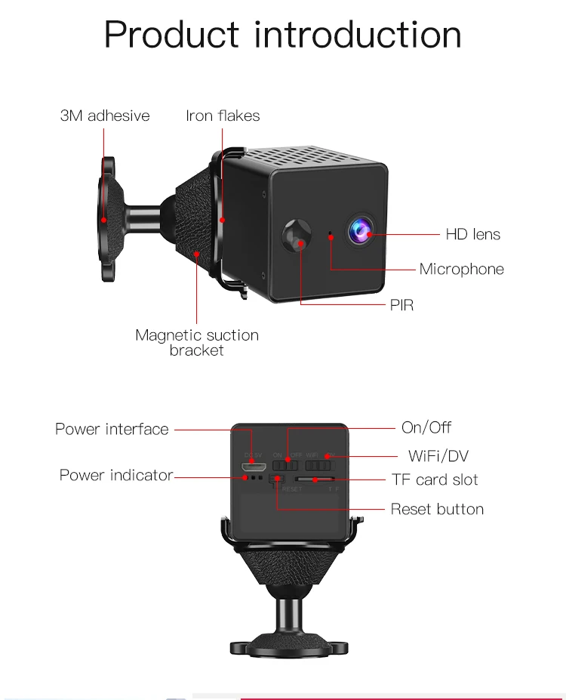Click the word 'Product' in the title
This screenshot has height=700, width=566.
pyautogui.click(x=173, y=35)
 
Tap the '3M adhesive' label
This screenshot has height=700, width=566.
pyautogui.click(x=105, y=116)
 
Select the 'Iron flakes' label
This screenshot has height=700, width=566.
pyautogui.click(x=223, y=116)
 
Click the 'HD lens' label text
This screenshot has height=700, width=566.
pyautogui.click(x=472, y=234)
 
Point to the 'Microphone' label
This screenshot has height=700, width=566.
pyautogui.click(x=461, y=269)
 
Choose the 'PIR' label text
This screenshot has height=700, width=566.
pyautogui.click(x=401, y=305)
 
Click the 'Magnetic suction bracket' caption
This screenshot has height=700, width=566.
pyautogui.click(x=196, y=342)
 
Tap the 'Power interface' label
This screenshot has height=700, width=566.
pyautogui.click(x=112, y=429)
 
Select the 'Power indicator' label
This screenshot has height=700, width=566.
pyautogui.click(x=116, y=475)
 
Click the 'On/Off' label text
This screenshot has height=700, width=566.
pyautogui.click(x=426, y=427)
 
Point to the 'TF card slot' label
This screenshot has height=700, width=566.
pyautogui.click(x=435, y=480)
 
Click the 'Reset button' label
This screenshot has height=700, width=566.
pyautogui.click(x=437, y=509)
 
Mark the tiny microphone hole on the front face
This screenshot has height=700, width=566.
pyautogui.click(x=330, y=235)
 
